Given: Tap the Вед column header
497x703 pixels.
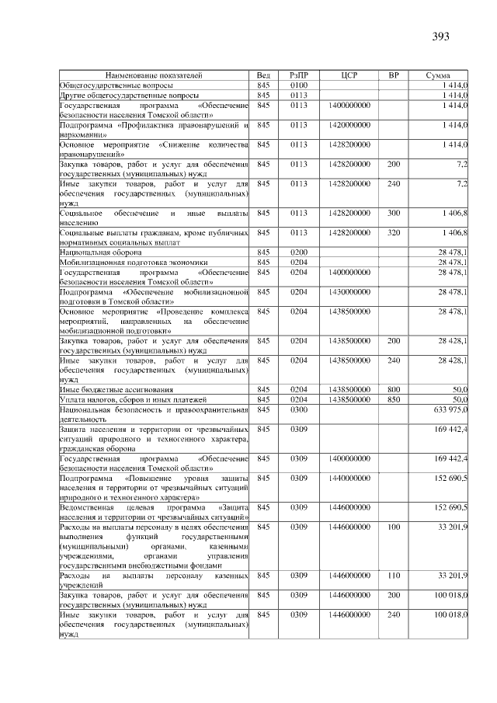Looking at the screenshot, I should pyautogui.click(x=263, y=75).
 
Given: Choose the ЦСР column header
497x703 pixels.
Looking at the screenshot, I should pyautogui.click(x=349, y=75).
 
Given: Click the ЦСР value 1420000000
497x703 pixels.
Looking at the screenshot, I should pyautogui.click(x=349, y=124).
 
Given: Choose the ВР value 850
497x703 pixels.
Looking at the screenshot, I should pyautogui.click(x=394, y=398).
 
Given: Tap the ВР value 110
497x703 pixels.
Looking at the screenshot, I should pyautogui.click(x=394, y=576).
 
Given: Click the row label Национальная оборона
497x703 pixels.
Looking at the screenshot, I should pyautogui.click(x=100, y=252).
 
